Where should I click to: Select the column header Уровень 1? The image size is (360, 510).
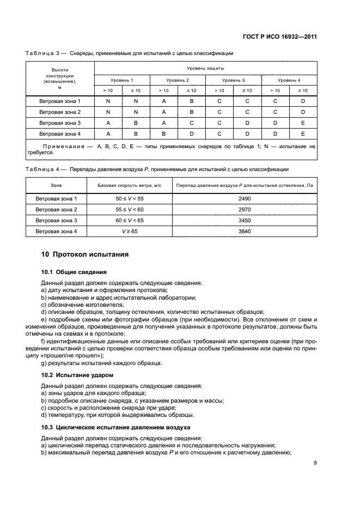pyautogui.click(x=122, y=80)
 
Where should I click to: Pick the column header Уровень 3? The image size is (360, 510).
pyautogui.click(x=233, y=80)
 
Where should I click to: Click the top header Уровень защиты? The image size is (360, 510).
pyautogui.click(x=205, y=68)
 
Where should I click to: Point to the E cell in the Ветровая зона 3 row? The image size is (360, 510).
pyautogui.click(x=303, y=123)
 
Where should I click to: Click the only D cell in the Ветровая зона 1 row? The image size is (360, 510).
pyautogui.click(x=303, y=101)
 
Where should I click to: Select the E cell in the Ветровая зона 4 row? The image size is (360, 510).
pyautogui.click(x=303, y=133)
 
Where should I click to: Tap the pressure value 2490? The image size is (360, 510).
pyautogui.click(x=245, y=199)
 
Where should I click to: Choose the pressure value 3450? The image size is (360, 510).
pyautogui.click(x=245, y=221)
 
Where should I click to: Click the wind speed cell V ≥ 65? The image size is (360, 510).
pyautogui.click(x=125, y=232)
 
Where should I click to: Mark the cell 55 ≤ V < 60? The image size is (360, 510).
pyautogui.click(x=125, y=210)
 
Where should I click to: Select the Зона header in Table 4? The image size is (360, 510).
pyautogui.click(x=57, y=186)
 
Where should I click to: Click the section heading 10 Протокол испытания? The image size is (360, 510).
pyautogui.click(x=85, y=254)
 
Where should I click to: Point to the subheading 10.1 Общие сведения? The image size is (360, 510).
pyautogui.click(x=74, y=272)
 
